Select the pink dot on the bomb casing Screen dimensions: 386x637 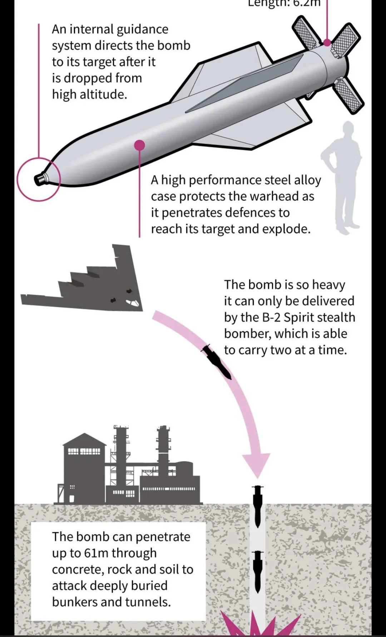tap(139, 145)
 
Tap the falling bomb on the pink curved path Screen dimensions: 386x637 tap(217, 362)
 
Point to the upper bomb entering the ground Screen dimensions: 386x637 tap(257, 504)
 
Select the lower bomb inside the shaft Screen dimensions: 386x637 tap(257, 571)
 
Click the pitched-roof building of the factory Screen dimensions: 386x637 tap(84, 465)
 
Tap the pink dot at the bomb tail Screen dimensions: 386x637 tap(327, 43)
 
